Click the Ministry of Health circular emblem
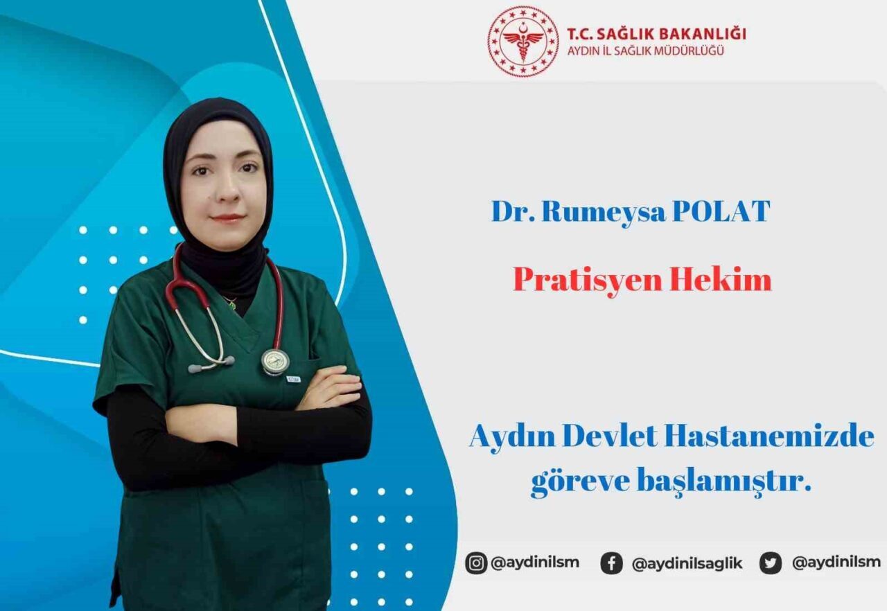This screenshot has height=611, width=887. click(522, 41)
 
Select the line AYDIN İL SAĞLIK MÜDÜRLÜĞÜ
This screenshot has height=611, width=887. click(645, 51)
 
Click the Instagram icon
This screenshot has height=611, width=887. click(476, 563)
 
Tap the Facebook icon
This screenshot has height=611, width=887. click(611, 563)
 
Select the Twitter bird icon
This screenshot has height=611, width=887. click(770, 563)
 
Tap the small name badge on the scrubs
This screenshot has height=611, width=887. click(293, 378)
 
